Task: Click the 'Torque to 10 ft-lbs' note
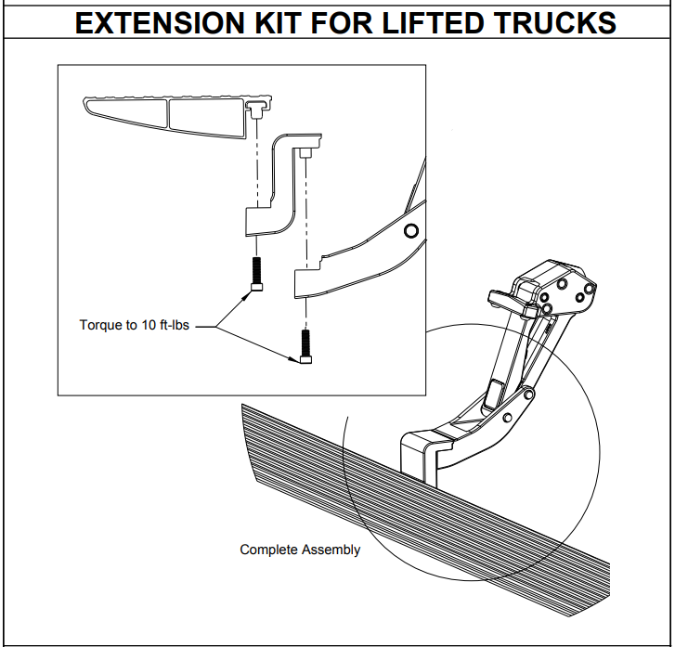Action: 135,326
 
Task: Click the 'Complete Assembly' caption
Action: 300,550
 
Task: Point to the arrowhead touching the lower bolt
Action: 297,362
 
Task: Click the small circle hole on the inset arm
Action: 411,230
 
